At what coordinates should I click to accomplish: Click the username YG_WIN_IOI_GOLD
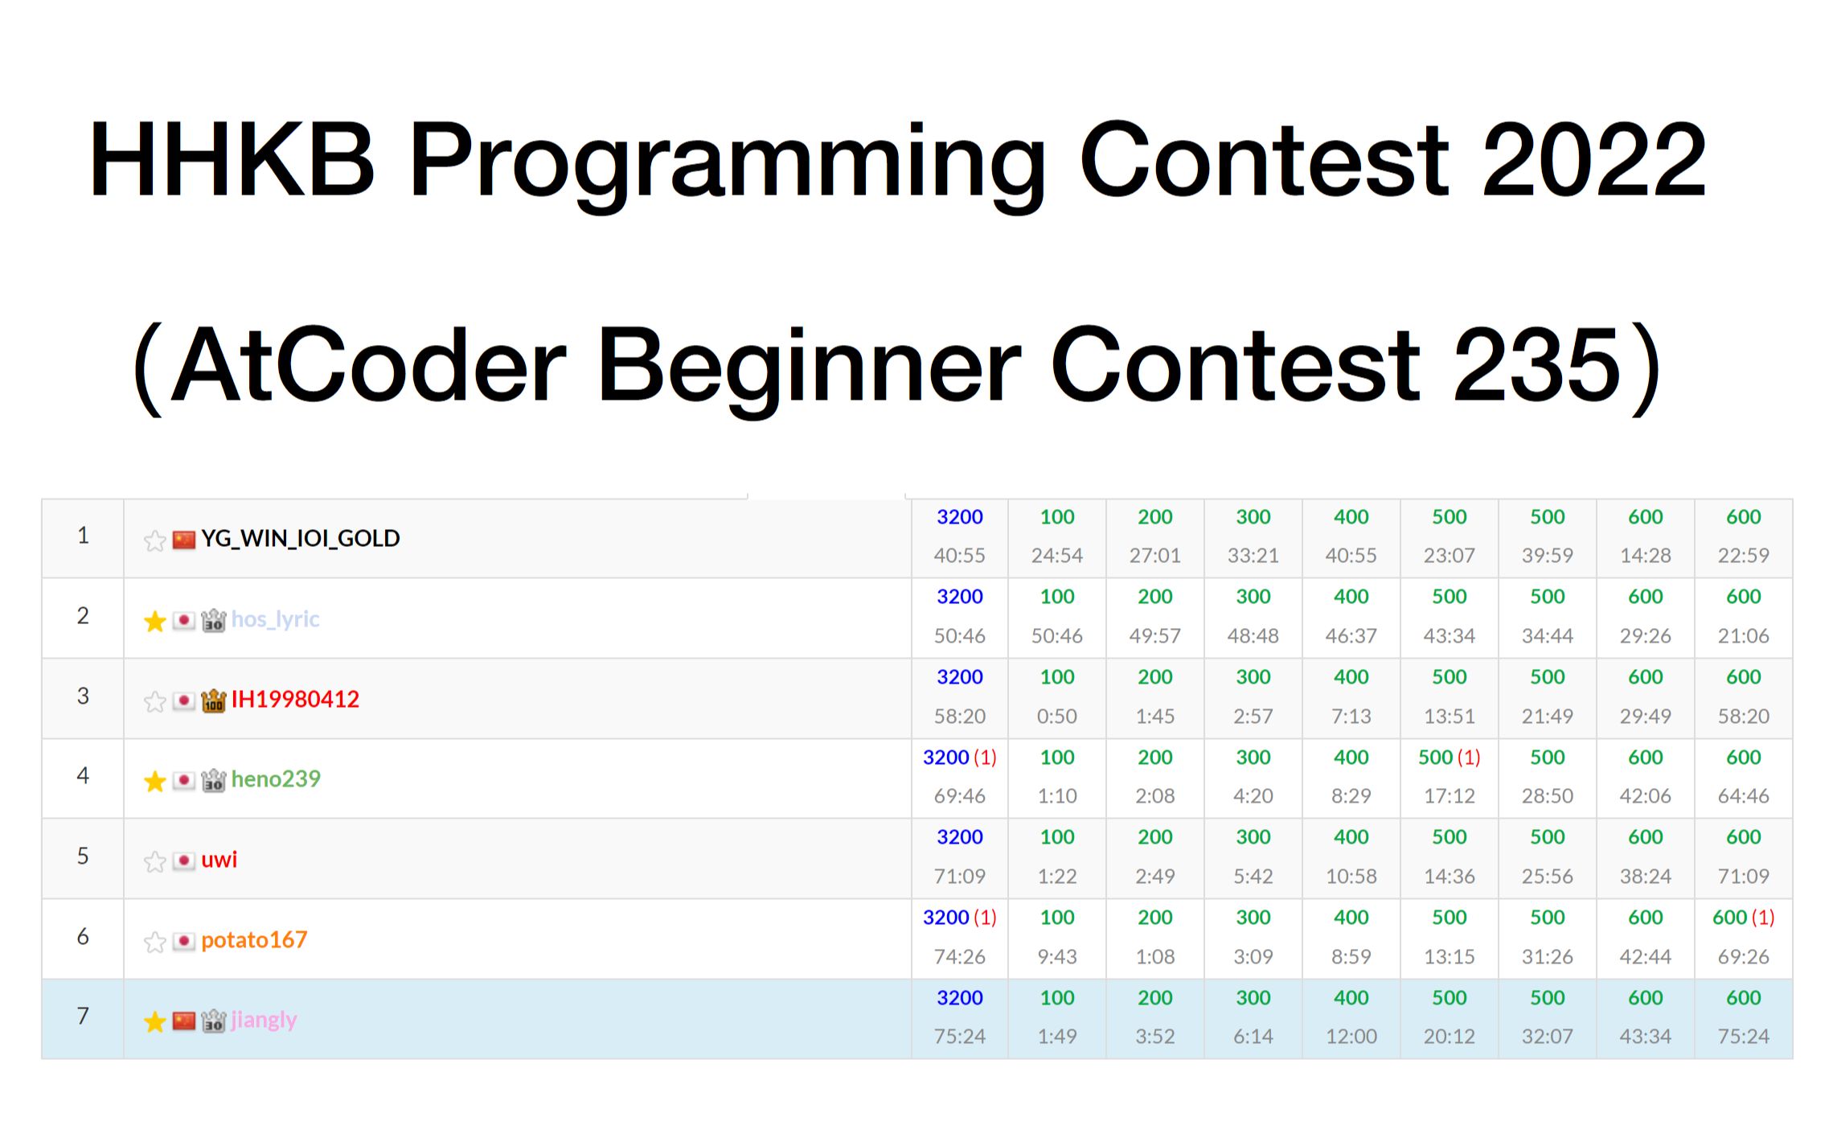tap(300, 538)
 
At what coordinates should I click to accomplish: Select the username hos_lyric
tap(275, 619)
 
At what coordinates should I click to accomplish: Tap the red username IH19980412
tap(295, 699)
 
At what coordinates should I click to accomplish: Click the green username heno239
tap(276, 778)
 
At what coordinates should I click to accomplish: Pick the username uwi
tap(219, 860)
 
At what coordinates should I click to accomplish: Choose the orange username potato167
tap(254, 939)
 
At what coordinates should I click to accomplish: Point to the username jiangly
tap(264, 1020)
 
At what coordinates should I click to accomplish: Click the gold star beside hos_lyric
tap(155, 621)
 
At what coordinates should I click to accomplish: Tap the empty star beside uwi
tap(155, 861)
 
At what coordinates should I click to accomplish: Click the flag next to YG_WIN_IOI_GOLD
tap(184, 540)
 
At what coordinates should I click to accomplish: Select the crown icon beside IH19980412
tap(213, 700)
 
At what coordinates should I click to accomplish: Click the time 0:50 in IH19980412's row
tap(1056, 716)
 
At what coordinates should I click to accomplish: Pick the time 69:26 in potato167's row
tap(1743, 956)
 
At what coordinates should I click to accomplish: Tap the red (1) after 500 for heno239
tap(1469, 757)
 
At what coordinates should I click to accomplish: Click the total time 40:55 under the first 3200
tap(959, 555)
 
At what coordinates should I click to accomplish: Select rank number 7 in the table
tap(83, 1016)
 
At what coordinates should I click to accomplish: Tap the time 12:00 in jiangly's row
tap(1351, 1036)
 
